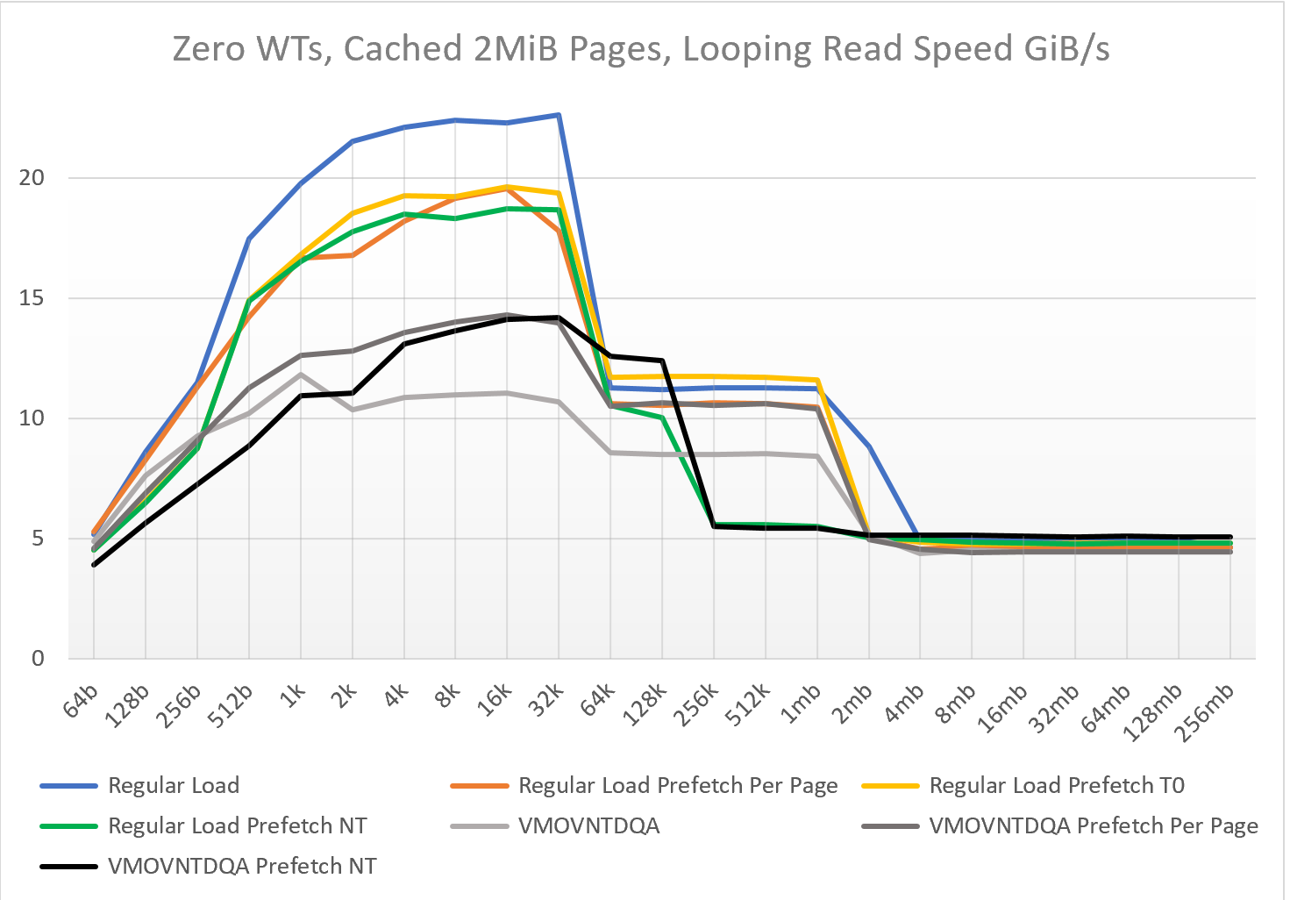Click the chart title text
pos(640,48)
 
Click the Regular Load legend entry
pos(140,785)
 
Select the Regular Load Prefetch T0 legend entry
pos(1023,785)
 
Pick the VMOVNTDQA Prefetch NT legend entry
pos(208,866)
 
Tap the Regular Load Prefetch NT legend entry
pos(203,825)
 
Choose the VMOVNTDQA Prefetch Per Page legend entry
pos(1060,825)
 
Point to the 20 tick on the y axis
pos(31,177)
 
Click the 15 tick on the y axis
pos(31,298)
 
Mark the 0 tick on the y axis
pos(38,658)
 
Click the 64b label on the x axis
pos(81,701)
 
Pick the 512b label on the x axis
pos(231,706)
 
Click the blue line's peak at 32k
pos(559,115)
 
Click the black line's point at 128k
pos(662,361)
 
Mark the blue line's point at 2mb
pos(869,446)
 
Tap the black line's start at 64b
pos(93,565)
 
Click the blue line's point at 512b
pos(249,239)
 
